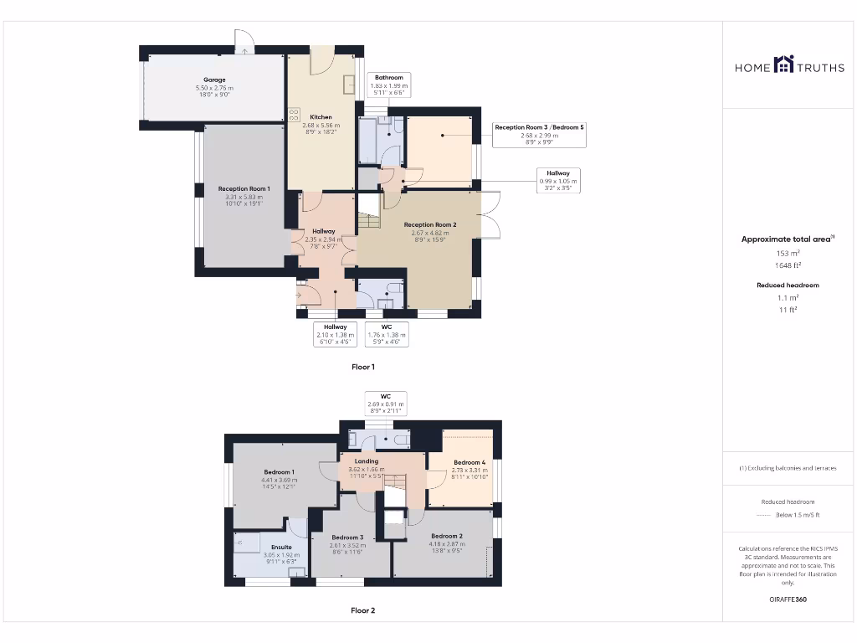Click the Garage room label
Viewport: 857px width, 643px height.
coord(213,80)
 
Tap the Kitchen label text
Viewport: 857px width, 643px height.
coord(321,117)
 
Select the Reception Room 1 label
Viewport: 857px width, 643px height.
coord(244,189)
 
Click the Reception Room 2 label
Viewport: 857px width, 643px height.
coord(429,224)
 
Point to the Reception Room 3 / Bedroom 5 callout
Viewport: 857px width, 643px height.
coord(539,127)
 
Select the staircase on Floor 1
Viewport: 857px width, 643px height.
coord(369,222)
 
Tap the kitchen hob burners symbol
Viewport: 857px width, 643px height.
coord(294,116)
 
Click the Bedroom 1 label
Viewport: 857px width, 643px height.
coord(279,472)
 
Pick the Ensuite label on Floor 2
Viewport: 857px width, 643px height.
coord(258,548)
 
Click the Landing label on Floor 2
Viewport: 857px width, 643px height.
coord(366,461)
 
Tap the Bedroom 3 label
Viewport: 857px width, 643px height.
coord(346,538)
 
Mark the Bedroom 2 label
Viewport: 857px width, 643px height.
coord(447,536)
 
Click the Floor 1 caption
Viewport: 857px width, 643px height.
coord(362,367)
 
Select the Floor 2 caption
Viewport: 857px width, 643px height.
coord(362,610)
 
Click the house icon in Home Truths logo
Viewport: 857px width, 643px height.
coord(783,64)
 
